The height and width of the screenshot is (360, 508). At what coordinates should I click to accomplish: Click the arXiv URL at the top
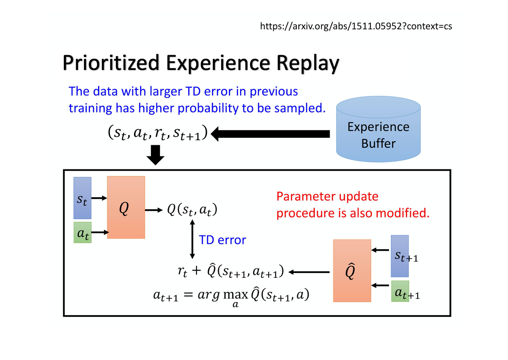(356, 26)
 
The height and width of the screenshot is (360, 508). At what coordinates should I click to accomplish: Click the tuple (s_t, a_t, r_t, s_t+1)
(157, 133)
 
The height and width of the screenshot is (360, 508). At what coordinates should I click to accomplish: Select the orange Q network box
(126, 207)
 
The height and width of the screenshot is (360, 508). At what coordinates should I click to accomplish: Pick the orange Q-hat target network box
(352, 271)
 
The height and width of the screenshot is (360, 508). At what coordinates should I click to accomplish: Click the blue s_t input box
(82, 198)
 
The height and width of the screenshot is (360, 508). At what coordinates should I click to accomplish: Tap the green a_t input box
(82, 233)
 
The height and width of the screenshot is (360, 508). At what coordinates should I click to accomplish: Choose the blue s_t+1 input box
(400, 256)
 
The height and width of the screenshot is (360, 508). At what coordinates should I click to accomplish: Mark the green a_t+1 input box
(400, 291)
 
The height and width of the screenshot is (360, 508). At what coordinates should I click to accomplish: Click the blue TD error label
(222, 240)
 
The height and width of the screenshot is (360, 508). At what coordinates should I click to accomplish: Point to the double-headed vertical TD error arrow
(192, 239)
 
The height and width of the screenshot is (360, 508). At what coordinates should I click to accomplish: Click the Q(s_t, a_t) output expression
(192, 210)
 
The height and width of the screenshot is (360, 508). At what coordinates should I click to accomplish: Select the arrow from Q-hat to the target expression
(309, 272)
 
